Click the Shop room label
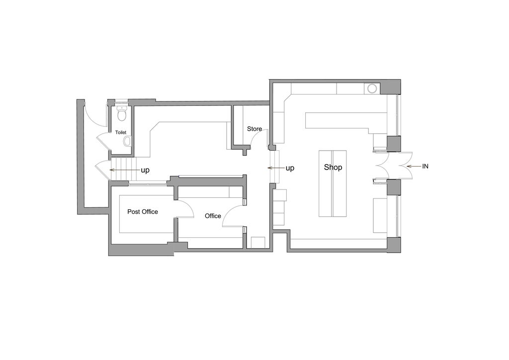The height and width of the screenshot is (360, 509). pos(333,168)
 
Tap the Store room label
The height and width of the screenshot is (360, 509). pos(254,129)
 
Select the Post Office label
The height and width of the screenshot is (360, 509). pos(143,212)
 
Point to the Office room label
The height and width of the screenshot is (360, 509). pos(213,216)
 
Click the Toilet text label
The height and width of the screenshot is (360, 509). pos(121,133)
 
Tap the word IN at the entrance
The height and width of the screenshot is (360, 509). pos(425,167)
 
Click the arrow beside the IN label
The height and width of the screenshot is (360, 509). pos(412,167)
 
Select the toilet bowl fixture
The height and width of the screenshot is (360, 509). pos(121,113)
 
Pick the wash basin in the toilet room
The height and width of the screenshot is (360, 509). pos(127,142)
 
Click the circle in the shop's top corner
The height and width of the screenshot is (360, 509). pos(371,89)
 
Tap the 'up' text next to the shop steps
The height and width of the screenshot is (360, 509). pos(290,169)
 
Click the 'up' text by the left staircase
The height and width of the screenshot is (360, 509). pos(145,170)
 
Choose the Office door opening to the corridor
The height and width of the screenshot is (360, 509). pos(233,216)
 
